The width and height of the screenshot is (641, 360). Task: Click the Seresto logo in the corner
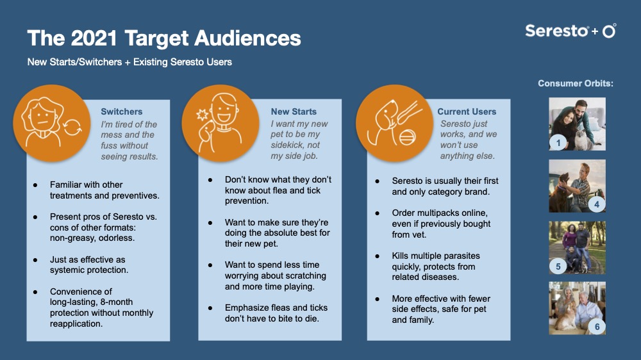click(570, 31)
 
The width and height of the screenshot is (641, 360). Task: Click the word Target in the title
click(156, 38)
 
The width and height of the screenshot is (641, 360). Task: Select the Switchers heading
click(121, 111)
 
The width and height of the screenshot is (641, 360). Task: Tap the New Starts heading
click(294, 111)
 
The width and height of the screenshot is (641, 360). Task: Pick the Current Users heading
click(467, 111)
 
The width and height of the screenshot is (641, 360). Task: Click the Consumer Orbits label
click(575, 83)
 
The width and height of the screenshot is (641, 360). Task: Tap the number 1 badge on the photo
click(558, 143)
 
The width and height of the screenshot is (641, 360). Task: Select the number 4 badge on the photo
click(596, 204)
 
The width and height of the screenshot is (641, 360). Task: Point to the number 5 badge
click(558, 266)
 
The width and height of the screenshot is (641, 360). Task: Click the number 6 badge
click(597, 327)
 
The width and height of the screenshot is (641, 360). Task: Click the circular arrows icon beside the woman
click(72, 126)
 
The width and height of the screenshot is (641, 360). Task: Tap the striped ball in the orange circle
click(407, 137)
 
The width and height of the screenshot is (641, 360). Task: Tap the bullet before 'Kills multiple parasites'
click(378, 256)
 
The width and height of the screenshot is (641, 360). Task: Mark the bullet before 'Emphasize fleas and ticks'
click(210, 308)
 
